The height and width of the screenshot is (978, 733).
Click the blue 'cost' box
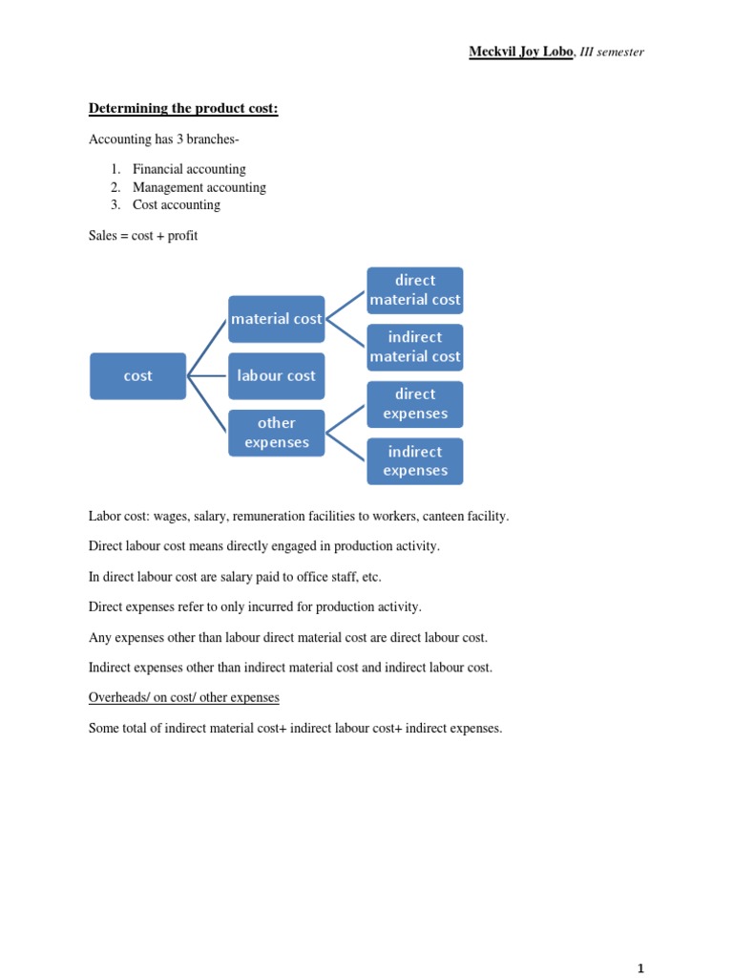[137, 376]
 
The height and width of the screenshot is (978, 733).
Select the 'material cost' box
[276, 319]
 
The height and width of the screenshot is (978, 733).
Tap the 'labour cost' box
[276, 376]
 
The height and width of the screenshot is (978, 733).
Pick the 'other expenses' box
[276, 433]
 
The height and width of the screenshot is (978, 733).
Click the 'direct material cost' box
[415, 290]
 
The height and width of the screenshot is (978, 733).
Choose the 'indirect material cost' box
[415, 347]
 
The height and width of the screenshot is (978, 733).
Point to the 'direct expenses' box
[415, 404]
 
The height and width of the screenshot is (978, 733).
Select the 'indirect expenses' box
[415, 461]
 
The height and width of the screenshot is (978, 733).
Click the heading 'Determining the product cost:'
[183, 109]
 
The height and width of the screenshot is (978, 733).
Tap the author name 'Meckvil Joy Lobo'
[521, 52]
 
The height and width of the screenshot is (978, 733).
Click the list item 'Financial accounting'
[189, 169]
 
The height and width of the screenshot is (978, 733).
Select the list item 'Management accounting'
[199, 187]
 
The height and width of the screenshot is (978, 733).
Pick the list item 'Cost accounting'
[176, 204]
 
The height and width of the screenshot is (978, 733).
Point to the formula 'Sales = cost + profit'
[143, 235]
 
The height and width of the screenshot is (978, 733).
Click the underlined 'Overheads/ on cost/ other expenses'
[183, 697]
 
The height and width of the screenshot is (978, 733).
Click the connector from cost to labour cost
[207, 376]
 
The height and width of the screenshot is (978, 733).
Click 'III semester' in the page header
[612, 52]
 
